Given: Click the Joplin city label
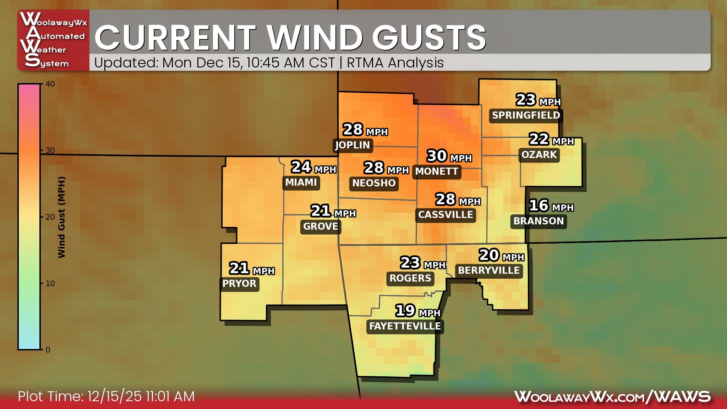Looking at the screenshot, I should click(x=352, y=145).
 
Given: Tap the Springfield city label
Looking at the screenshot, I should click(x=526, y=115).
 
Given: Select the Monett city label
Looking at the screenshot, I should click(x=437, y=171).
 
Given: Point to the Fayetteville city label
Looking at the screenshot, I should click(x=405, y=326).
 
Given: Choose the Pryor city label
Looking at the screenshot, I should click(x=239, y=284).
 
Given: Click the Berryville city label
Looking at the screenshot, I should click(x=489, y=271).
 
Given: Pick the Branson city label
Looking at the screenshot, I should click(x=539, y=221).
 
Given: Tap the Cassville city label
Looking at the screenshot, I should click(x=446, y=215).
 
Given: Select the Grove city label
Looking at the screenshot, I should click(x=321, y=227).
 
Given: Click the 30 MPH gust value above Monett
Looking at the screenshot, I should click(x=449, y=156).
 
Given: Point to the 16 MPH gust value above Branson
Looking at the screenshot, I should click(x=551, y=206).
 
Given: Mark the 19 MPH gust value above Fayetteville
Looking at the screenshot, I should click(x=418, y=311).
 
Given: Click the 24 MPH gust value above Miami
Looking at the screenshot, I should click(x=313, y=168).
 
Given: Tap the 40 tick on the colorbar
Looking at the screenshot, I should click(x=50, y=84).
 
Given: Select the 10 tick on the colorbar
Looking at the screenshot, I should click(x=50, y=283).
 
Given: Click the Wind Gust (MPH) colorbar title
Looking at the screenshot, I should click(x=61, y=217).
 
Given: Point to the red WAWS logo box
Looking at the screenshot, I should click(x=53, y=40).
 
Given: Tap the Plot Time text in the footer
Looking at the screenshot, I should click(x=106, y=397).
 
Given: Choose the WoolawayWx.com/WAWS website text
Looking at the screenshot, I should click(x=612, y=397).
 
